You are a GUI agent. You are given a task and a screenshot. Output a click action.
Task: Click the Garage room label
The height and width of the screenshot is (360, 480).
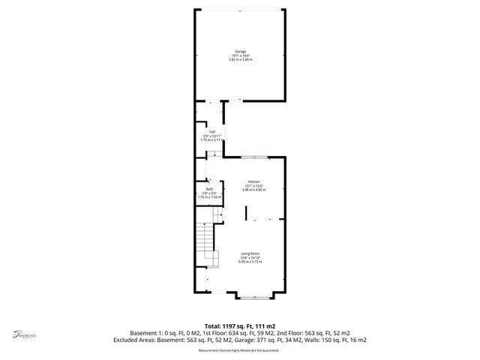click(240, 50)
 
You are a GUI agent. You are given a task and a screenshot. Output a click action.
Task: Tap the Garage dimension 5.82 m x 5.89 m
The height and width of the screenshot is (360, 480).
click(240, 58)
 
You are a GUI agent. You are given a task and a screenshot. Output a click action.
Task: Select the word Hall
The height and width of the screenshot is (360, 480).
click(212, 132)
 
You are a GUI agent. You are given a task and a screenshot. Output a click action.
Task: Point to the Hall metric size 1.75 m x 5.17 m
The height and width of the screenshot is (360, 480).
click(212, 140)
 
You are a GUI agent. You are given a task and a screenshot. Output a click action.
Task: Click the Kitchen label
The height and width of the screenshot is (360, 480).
click(254, 182)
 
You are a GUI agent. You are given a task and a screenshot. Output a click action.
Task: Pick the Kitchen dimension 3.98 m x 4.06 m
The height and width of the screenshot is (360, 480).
click(254, 190)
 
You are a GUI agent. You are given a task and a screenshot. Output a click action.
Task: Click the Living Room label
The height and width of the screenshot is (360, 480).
click(250, 253)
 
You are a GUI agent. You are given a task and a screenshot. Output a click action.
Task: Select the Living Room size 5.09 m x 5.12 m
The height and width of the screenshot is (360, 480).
click(250, 262)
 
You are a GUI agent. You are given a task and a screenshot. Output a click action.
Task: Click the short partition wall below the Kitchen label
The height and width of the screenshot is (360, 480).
click(246, 211)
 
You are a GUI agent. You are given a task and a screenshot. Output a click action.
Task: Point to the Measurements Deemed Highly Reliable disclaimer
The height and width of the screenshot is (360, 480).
click(240, 349)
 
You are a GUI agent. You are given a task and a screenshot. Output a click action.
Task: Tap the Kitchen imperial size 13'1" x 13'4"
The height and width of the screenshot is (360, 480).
click(254, 187)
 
